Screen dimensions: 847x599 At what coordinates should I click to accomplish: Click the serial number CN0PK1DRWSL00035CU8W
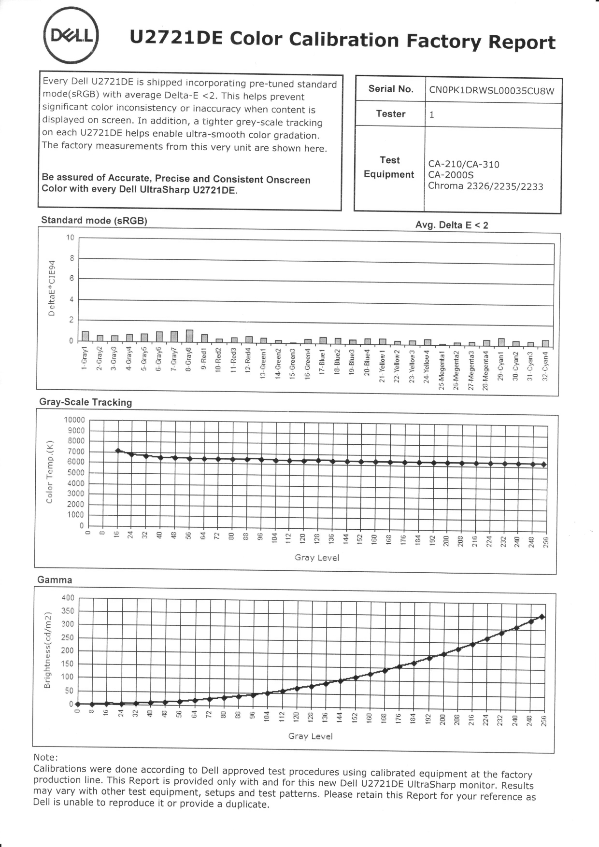click(491, 90)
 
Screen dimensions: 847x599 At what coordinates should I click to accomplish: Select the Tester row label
click(390, 114)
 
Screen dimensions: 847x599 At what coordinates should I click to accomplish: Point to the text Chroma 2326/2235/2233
click(485, 186)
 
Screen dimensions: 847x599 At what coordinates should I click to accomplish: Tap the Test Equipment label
click(389, 167)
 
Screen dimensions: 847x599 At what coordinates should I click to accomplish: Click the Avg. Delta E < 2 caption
click(451, 225)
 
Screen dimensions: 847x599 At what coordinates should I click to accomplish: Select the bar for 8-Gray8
click(189, 336)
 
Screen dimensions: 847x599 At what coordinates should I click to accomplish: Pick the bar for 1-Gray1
click(86, 337)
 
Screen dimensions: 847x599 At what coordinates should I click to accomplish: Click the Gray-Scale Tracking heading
click(86, 402)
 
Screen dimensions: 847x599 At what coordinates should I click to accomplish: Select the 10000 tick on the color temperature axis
click(74, 420)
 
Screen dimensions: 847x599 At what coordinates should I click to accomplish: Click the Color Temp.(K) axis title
click(49, 471)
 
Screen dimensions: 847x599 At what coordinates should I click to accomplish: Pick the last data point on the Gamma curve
click(542, 617)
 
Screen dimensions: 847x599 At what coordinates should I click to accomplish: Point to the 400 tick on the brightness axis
click(68, 598)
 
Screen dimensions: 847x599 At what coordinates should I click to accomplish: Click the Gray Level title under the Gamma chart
click(310, 736)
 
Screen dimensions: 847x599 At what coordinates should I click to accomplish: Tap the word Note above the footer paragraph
click(45, 757)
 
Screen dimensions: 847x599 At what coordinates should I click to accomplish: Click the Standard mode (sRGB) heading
click(94, 221)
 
